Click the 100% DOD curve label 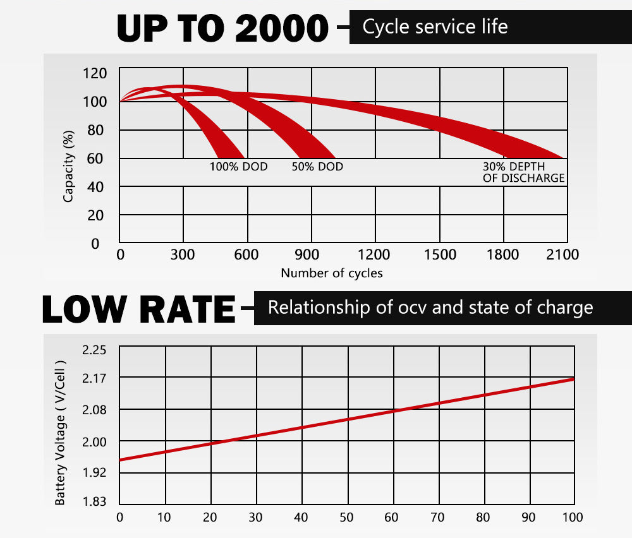(x=238, y=167)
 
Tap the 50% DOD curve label (x=317, y=167)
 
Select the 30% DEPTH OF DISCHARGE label (x=523, y=172)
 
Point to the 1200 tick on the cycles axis (x=374, y=254)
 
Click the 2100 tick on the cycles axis (x=562, y=254)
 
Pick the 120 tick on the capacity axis (x=95, y=73)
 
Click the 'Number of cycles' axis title (x=332, y=273)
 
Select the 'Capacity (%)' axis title (x=69, y=166)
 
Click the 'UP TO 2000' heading (x=223, y=27)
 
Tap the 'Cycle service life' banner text (x=435, y=27)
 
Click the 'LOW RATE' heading (x=138, y=309)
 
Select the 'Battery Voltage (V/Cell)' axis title (x=61, y=433)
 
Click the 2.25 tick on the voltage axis (x=95, y=350)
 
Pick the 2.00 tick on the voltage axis (x=95, y=441)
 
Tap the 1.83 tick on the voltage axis (x=95, y=502)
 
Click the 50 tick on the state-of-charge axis (x=346, y=518)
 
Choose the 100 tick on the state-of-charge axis (x=573, y=518)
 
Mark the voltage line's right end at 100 (x=574, y=378)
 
